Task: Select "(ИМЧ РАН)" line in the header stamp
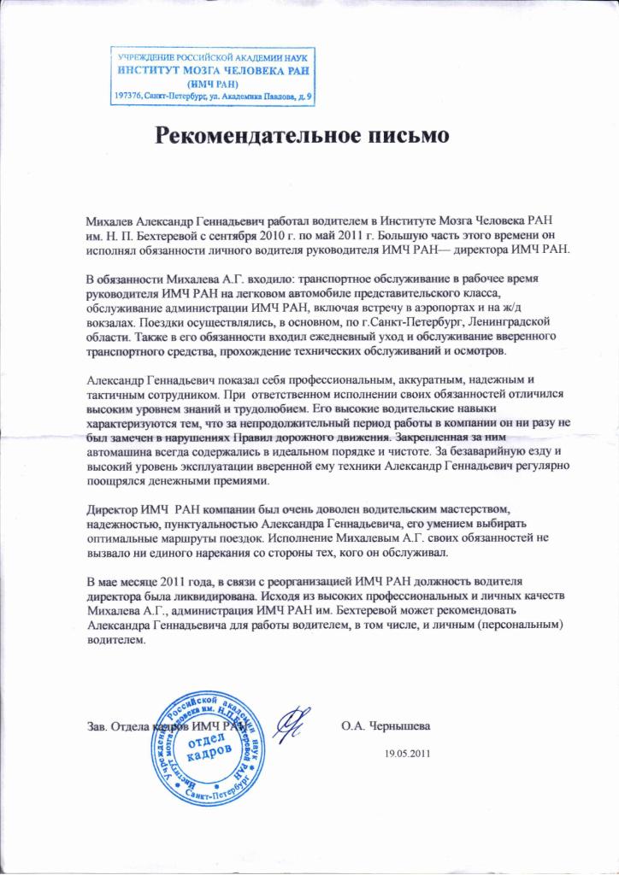(212, 84)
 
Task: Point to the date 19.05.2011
(409, 754)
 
